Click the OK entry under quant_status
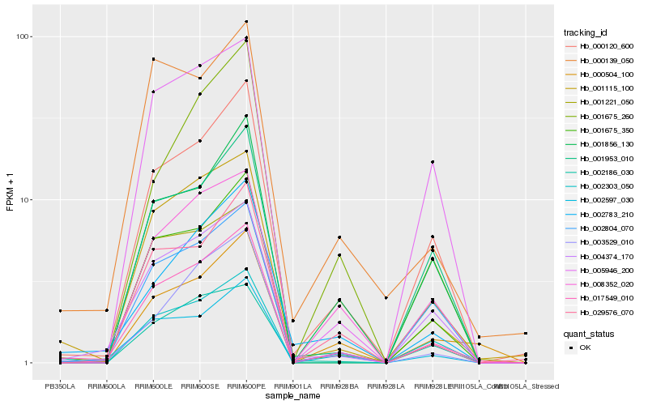585,347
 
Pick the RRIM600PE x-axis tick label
246,386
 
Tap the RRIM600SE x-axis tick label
199,386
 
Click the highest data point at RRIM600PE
246,22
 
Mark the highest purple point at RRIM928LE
433,162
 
